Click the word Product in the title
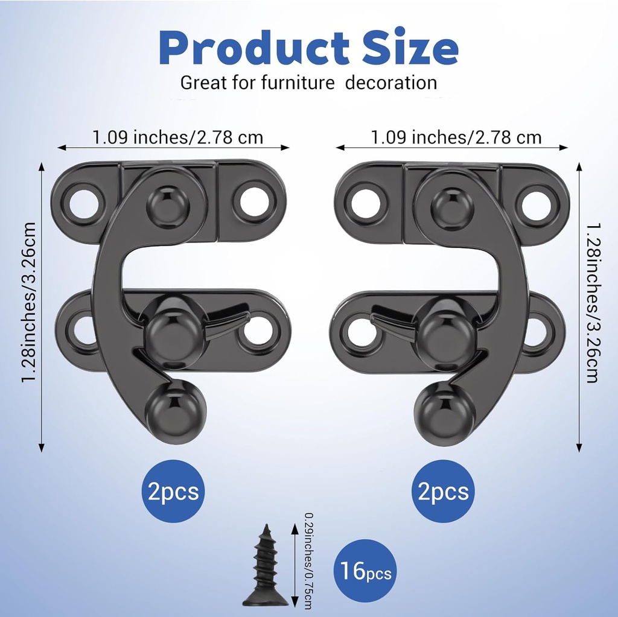(x=254, y=49)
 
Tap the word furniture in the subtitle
(x=298, y=83)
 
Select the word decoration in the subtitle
(x=391, y=83)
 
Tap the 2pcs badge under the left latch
(x=173, y=492)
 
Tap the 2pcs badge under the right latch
(x=444, y=492)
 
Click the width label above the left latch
(x=177, y=138)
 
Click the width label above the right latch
(x=456, y=138)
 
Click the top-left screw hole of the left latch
(x=83, y=204)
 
